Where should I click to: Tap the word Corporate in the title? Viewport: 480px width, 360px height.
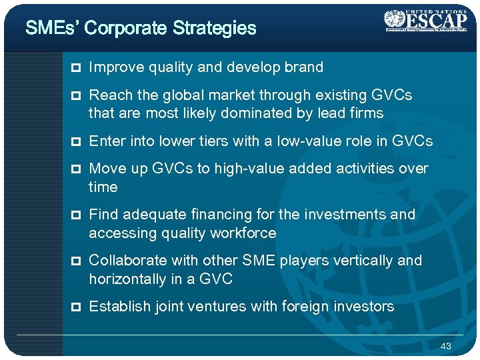127,28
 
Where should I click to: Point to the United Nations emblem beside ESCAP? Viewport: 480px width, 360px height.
394,19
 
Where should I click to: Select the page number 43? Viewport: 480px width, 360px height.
446,346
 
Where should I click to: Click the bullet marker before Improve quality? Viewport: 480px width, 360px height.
77,68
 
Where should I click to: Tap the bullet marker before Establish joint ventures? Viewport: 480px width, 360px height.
77,307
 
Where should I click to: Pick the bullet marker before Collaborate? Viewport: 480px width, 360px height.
77,261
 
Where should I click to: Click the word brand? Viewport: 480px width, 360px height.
305,67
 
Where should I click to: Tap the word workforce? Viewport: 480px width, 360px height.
244,233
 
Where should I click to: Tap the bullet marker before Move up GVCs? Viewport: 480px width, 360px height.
77,169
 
